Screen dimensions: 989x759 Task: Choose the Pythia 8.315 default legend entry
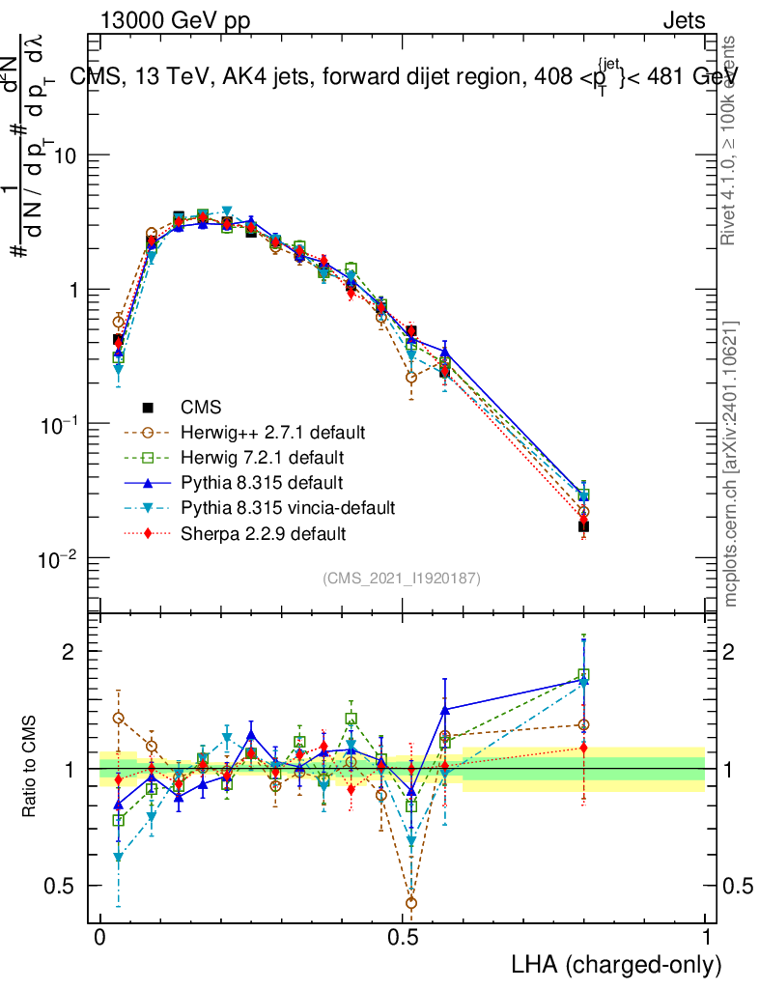(255, 482)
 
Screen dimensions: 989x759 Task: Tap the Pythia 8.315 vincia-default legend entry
(281, 507)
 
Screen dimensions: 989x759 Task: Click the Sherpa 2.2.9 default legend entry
(256, 533)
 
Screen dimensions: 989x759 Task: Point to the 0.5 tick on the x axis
(403, 938)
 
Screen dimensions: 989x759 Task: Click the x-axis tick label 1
(705, 938)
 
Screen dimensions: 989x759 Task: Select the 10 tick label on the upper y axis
(66, 155)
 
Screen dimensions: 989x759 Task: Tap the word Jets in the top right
(683, 21)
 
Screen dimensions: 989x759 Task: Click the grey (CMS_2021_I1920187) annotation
(402, 578)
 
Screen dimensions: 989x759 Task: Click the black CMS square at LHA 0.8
(583, 526)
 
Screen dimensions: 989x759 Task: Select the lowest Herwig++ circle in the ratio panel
(411, 903)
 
